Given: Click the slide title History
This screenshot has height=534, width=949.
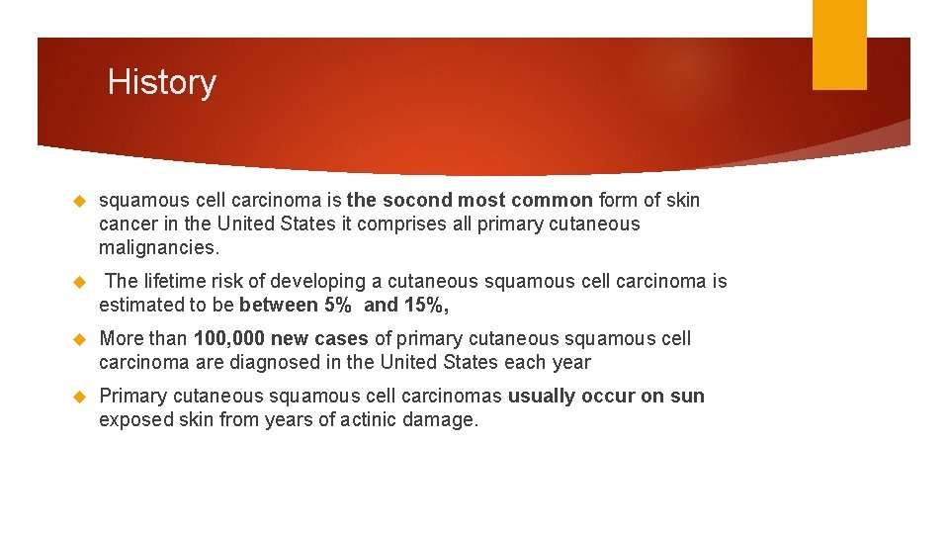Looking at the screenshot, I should coord(161,82).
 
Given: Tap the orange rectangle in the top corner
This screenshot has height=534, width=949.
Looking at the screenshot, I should coord(839,44).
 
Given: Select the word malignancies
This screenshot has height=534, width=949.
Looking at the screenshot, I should coord(159,248).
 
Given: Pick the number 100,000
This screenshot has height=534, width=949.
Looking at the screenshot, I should coord(229,338).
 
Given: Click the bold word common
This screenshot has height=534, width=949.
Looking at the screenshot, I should coord(553,201).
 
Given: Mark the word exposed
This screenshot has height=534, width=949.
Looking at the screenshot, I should coord(133,419).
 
